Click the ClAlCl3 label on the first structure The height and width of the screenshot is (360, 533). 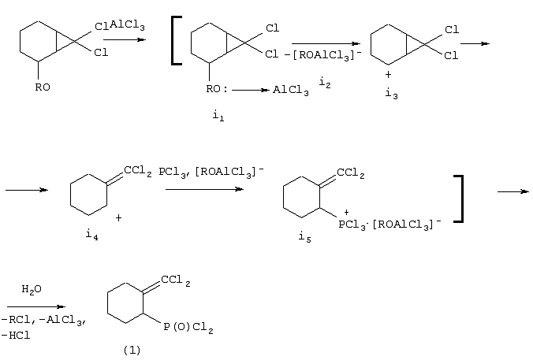click(x=120, y=25)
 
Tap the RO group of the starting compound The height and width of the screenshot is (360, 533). click(x=43, y=87)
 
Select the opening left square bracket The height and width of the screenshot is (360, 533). click(x=177, y=40)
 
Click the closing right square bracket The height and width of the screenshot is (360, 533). click(x=459, y=199)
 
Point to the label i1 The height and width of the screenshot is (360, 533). click(x=218, y=116)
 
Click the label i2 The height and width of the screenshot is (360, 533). click(x=325, y=83)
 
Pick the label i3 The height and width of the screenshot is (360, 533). click(x=391, y=93)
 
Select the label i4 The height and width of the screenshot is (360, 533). click(x=91, y=235)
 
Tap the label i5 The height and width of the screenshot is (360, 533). click(x=304, y=236)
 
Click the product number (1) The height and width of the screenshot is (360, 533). click(x=132, y=350)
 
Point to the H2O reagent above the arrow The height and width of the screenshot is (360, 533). click(x=32, y=289)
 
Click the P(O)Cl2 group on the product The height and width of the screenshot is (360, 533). click(x=188, y=328)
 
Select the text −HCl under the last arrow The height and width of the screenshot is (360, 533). click(x=16, y=336)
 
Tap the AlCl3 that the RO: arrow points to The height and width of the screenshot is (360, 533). click(x=291, y=90)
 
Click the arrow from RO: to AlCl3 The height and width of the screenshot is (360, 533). click(x=251, y=90)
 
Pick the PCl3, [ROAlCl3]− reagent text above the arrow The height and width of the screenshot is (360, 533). click(x=211, y=172)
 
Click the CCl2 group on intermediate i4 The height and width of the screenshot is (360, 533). click(x=138, y=170)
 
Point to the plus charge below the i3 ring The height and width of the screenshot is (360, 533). click(x=388, y=74)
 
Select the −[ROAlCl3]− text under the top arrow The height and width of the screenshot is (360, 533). click(x=323, y=54)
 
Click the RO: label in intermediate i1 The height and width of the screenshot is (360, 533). click(x=217, y=89)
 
